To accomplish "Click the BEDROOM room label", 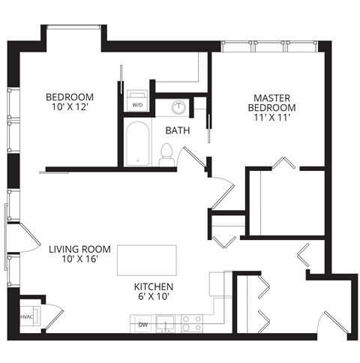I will (70, 97).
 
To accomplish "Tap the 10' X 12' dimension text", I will (70, 108).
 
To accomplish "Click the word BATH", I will (177, 130).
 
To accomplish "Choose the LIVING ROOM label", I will (80, 249).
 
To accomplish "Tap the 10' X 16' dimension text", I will (80, 259).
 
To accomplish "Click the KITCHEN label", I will (154, 287).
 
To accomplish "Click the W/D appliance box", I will (137, 103).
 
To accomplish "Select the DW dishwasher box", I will (143, 324).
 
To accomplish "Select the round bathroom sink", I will (179, 107).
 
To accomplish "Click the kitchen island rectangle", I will (145, 259).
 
